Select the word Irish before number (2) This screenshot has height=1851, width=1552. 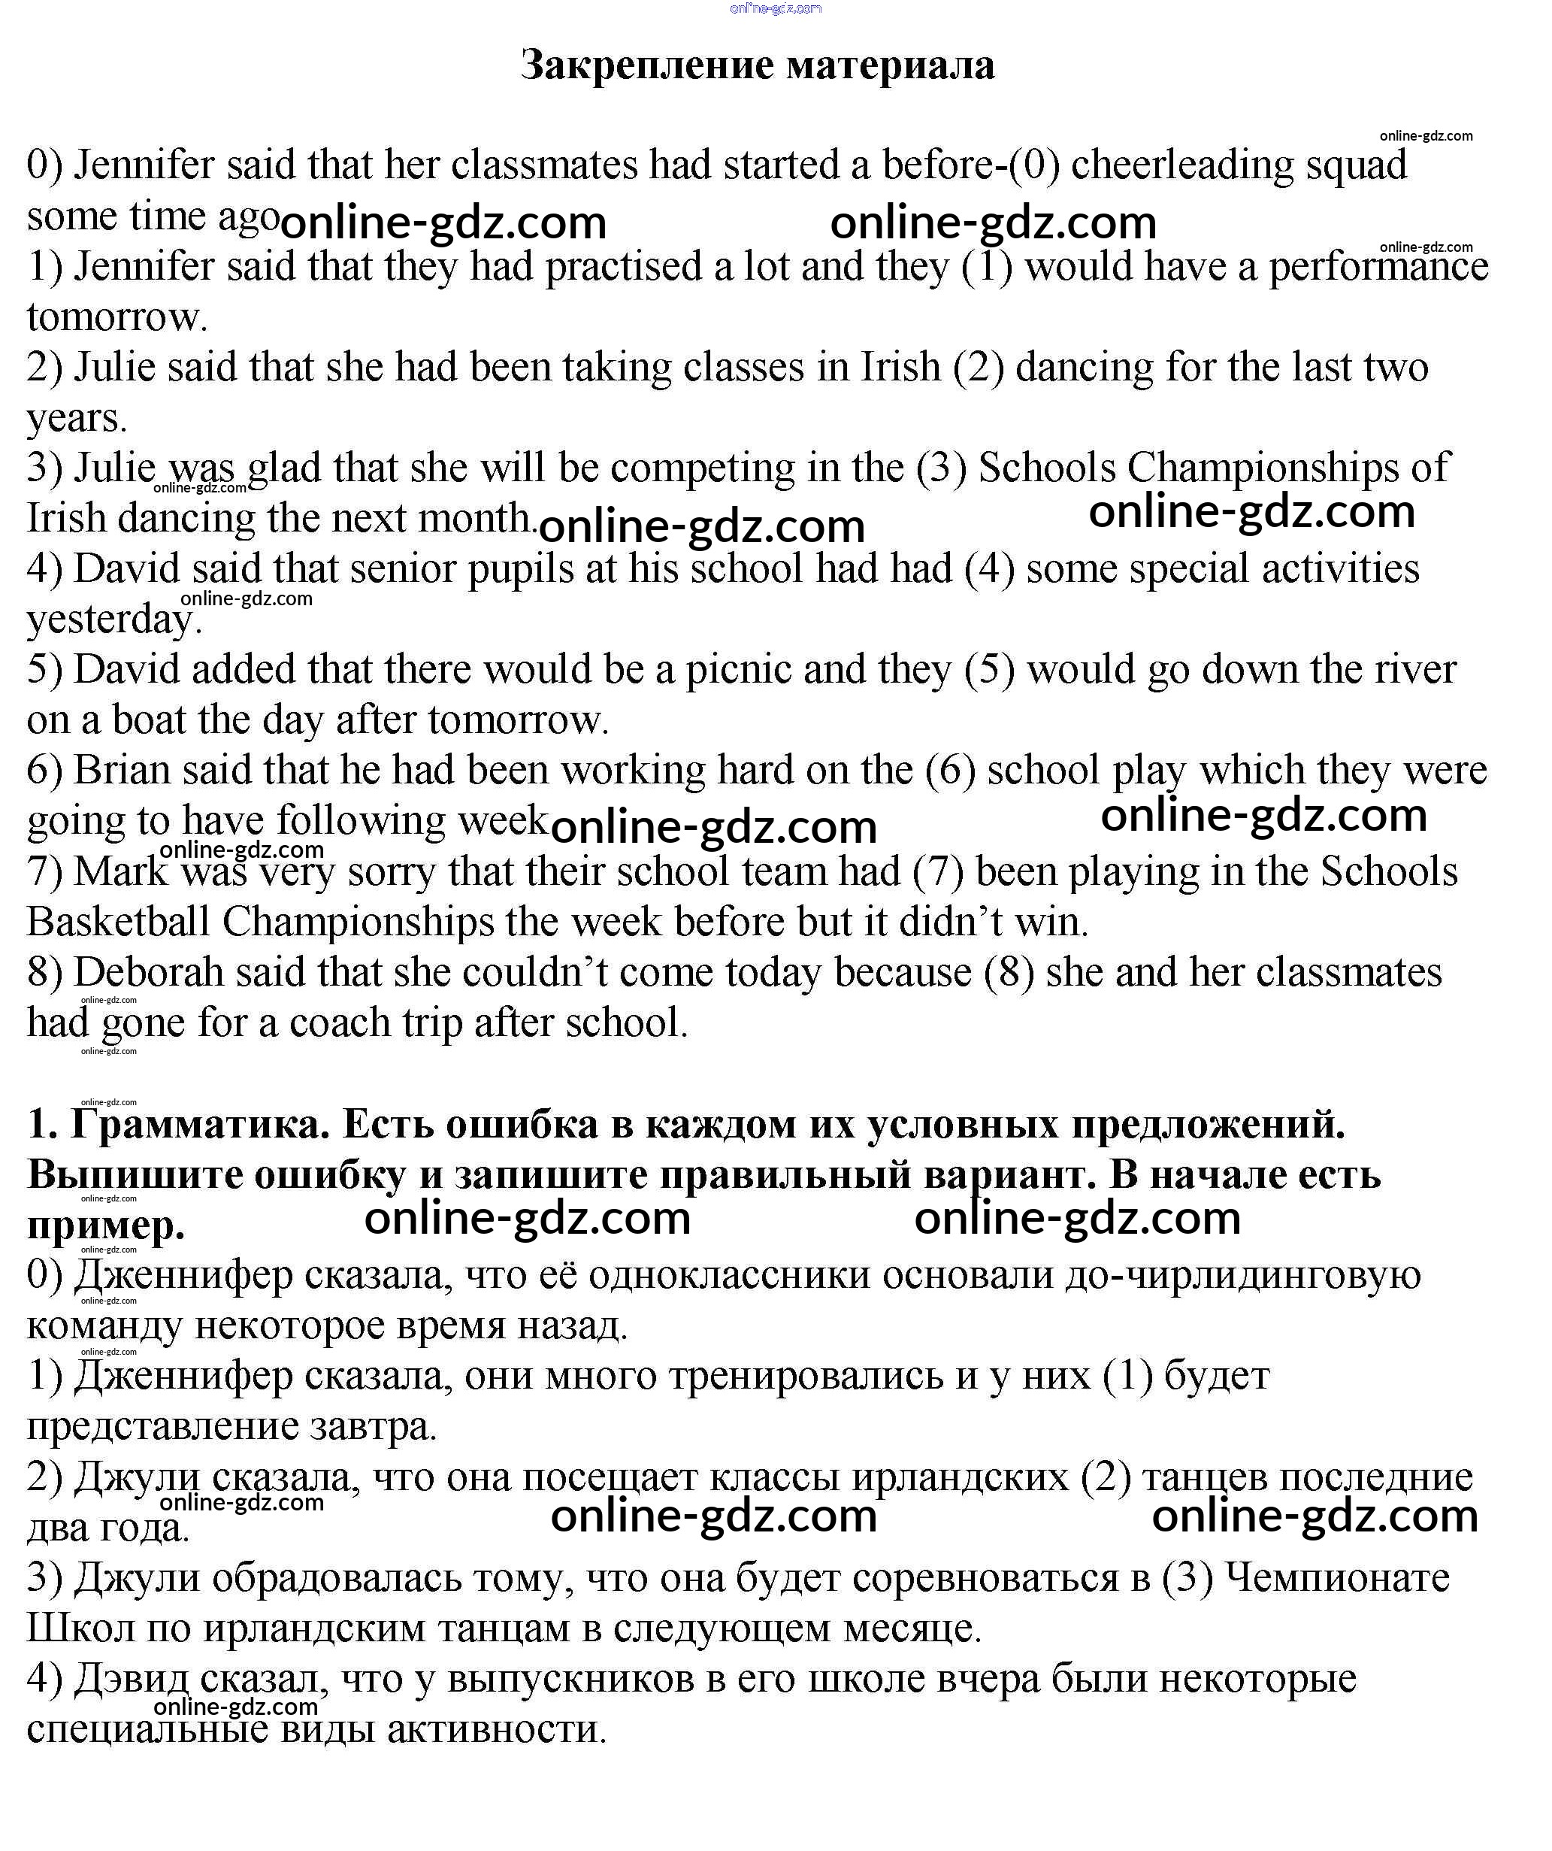900,367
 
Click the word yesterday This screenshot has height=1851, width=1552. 110,619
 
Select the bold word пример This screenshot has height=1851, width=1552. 106,1225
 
